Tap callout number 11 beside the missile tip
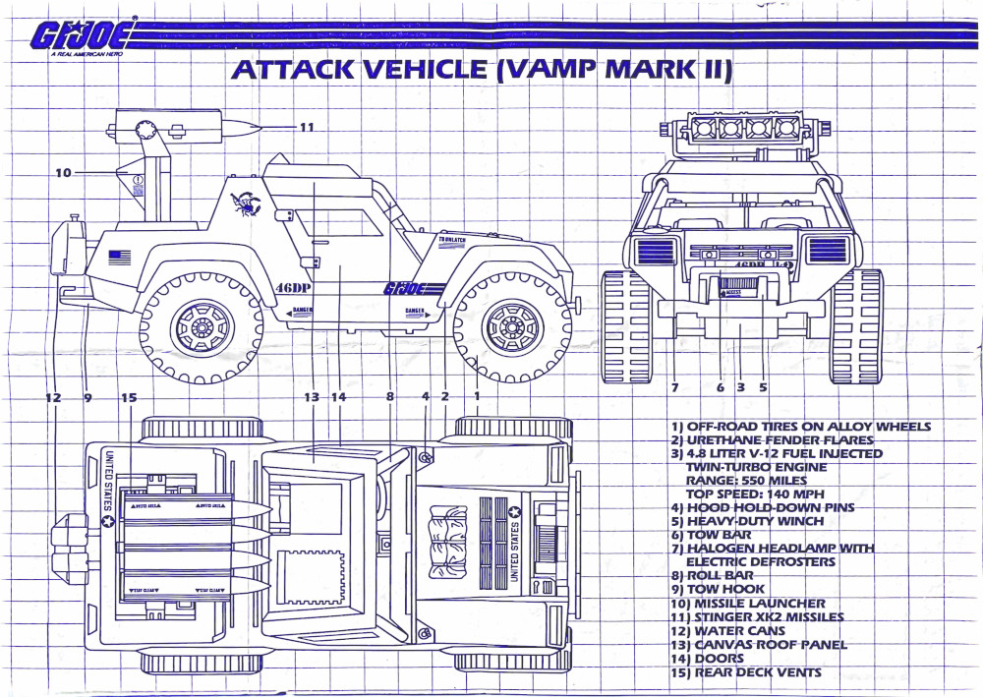click(307, 127)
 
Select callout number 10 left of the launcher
click(64, 172)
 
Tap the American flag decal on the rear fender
click(119, 258)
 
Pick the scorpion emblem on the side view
click(244, 201)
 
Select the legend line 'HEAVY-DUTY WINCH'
click(755, 521)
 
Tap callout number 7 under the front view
click(676, 387)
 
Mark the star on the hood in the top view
click(513, 511)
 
